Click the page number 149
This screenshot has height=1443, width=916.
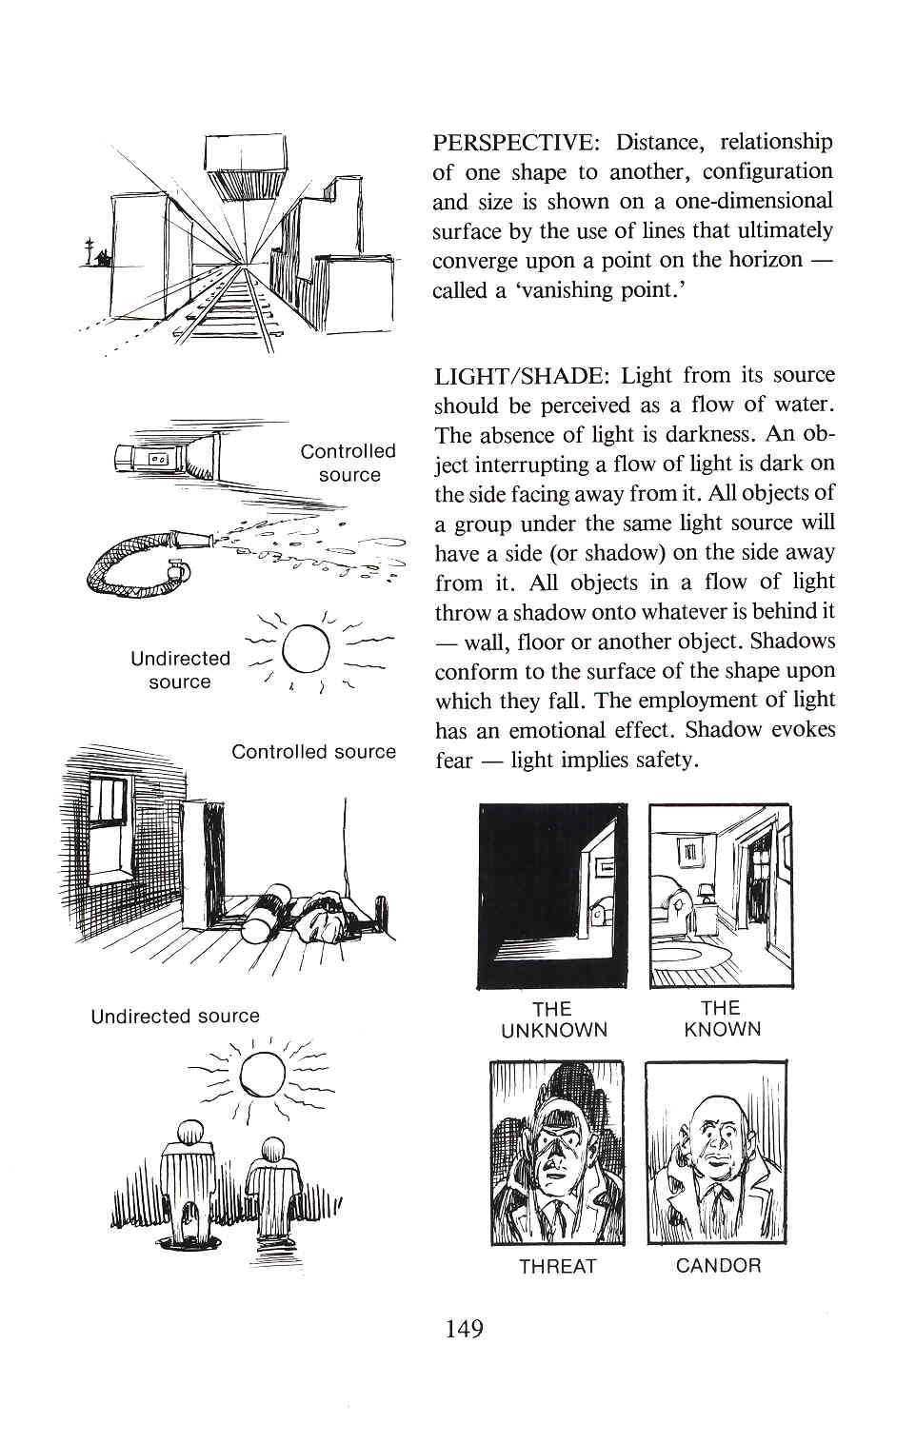pos(464,1329)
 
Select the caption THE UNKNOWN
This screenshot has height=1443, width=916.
pos(553,1019)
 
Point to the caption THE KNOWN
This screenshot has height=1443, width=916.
pos(722,1018)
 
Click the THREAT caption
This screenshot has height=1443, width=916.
pos(557,1266)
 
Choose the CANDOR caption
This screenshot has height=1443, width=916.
pos(718,1266)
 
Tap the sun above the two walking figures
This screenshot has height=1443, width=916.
pos(262,1076)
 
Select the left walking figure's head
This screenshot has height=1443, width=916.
pos(191,1132)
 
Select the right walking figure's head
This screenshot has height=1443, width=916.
pos(273,1150)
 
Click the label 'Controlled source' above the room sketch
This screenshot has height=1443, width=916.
pos(313,752)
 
